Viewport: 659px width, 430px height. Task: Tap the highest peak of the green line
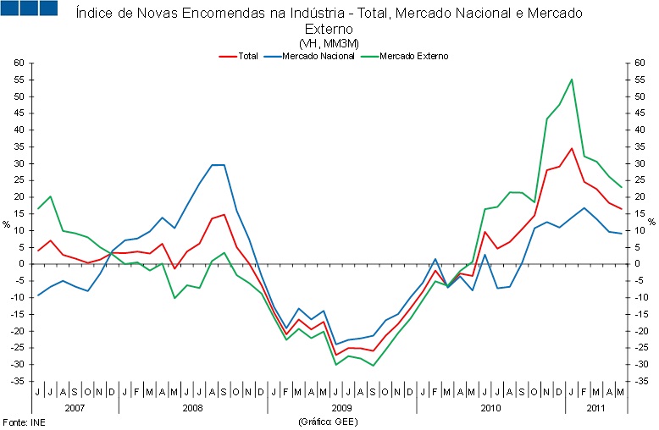tap(572, 80)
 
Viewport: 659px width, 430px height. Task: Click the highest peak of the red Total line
tap(572, 149)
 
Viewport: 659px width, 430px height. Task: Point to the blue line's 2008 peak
tap(218, 165)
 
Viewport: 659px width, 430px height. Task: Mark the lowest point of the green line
tap(373, 366)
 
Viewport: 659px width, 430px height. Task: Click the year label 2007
tap(75, 407)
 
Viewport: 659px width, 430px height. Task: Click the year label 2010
tap(490, 407)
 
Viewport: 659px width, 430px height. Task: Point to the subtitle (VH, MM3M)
tap(329, 43)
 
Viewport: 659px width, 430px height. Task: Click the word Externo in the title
tap(328, 30)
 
